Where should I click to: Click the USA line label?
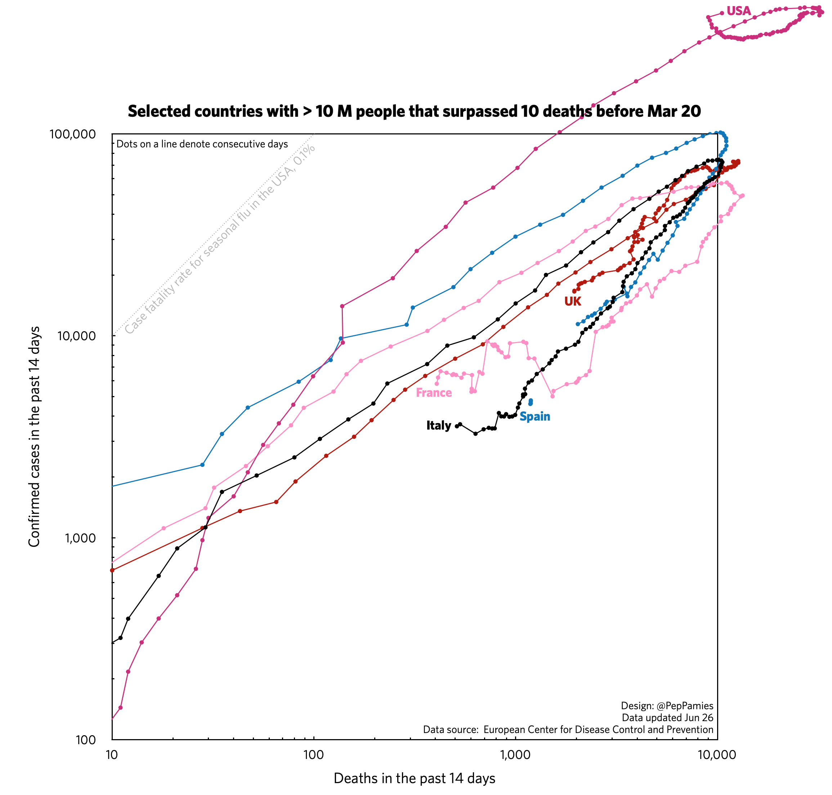738,11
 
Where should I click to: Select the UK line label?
572,301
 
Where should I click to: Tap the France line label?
433,393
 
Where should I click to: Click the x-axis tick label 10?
111,755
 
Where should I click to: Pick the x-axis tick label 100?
313,755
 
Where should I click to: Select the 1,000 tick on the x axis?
515,755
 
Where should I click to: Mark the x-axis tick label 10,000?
717,755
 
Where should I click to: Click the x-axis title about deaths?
414,778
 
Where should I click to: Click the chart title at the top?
414,111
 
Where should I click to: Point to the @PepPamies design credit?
667,706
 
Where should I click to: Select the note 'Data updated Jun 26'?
667,718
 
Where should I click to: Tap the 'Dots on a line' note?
202,144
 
